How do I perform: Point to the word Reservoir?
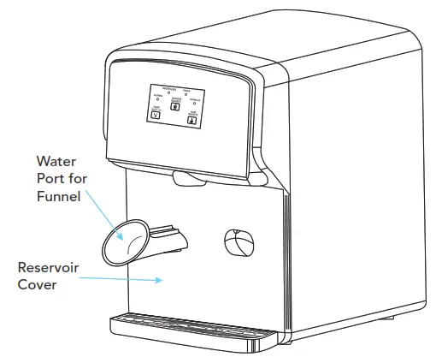(48, 267)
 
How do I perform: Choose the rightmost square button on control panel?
(191, 120)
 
